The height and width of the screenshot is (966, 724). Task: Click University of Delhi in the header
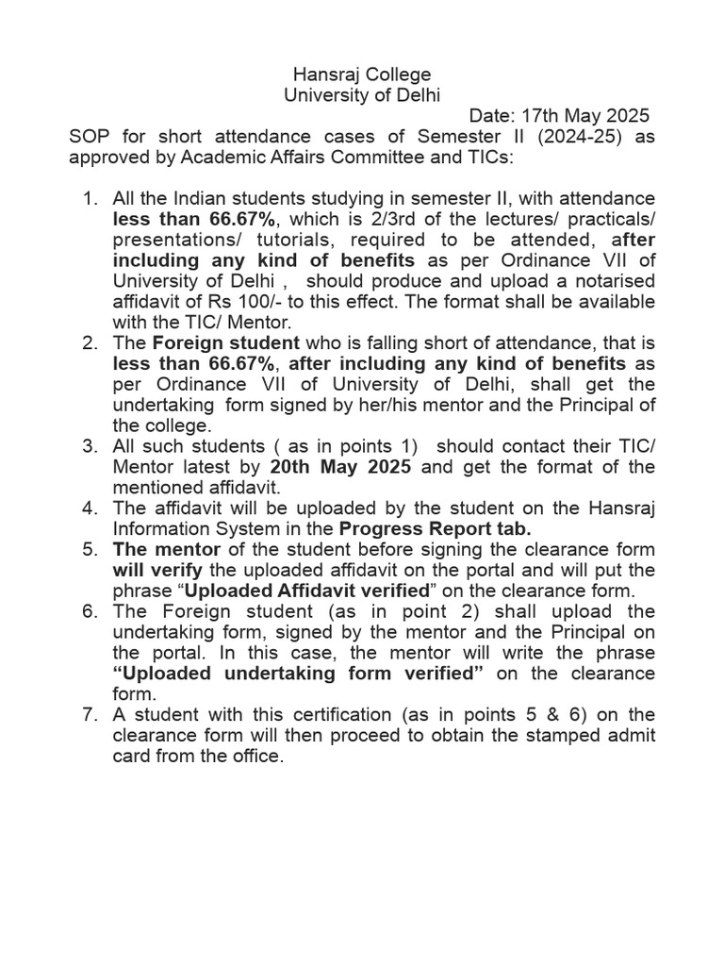pos(362,94)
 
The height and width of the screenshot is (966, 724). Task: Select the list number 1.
pos(90,199)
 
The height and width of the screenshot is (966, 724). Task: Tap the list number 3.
pos(90,447)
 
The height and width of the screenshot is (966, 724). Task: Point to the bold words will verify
pos(151,571)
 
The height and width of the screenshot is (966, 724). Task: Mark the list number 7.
pos(90,716)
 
